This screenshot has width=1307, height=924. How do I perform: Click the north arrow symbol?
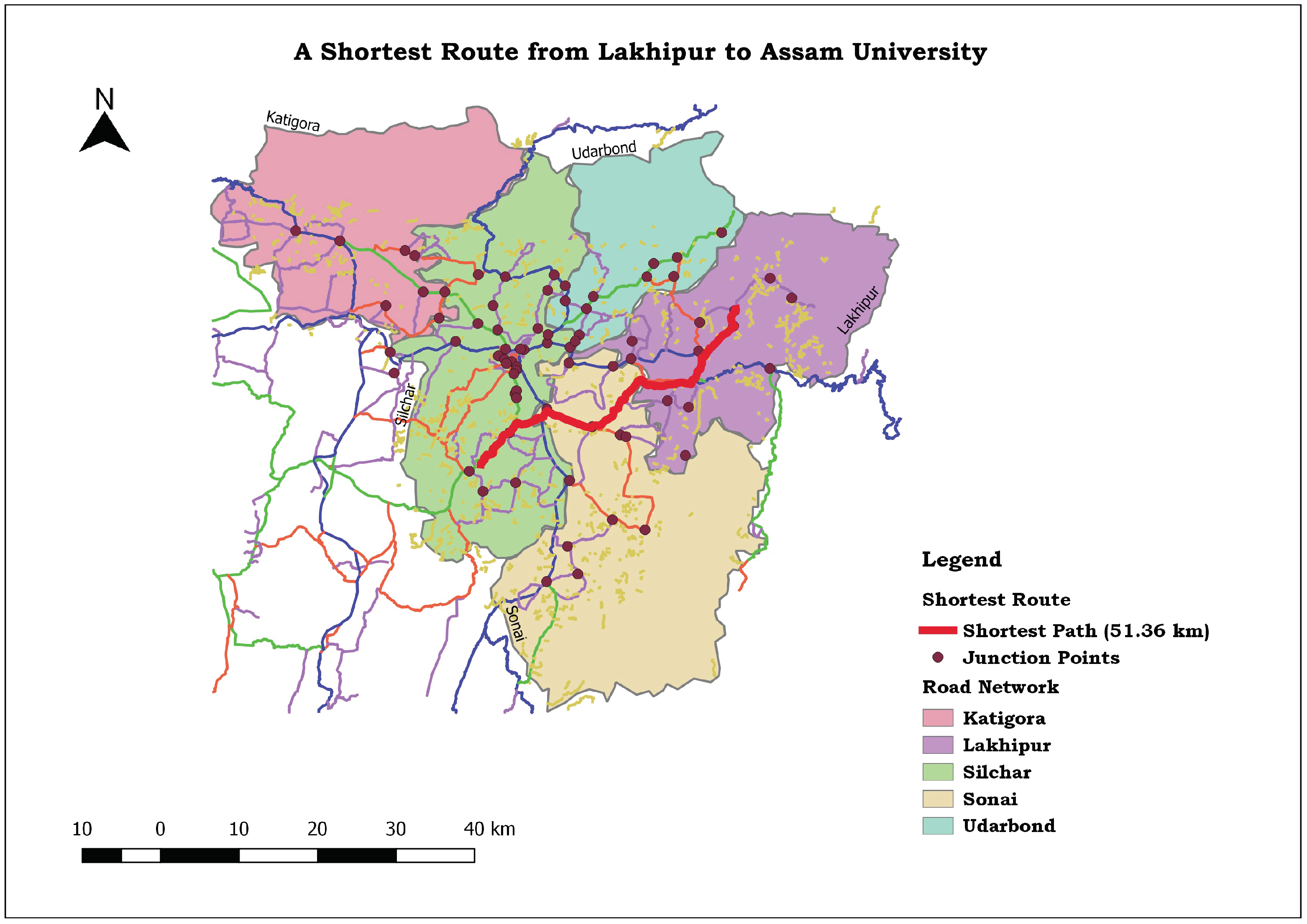105,134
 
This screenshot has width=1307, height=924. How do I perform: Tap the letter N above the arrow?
105,99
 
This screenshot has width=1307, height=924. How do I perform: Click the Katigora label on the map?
293,120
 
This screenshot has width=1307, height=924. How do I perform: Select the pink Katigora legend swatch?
938,717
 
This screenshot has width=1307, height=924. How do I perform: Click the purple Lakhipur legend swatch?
938,745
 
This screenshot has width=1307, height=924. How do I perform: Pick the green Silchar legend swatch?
938,772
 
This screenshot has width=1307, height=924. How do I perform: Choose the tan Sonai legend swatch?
938,799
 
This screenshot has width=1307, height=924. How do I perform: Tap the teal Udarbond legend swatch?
938,826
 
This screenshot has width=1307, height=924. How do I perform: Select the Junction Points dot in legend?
938,658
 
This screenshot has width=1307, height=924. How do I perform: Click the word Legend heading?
962,560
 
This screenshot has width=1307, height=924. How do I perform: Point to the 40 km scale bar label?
489,829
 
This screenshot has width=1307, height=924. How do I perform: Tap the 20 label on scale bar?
317,829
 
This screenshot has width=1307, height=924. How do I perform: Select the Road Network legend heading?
990,687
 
